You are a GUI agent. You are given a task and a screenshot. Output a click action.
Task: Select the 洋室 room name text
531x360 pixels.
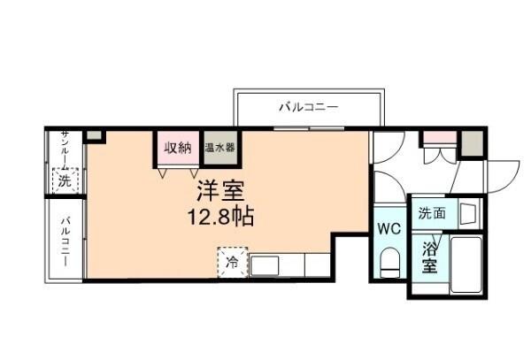(x=220, y=191)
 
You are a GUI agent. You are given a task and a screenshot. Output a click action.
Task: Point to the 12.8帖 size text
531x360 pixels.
(x=220, y=216)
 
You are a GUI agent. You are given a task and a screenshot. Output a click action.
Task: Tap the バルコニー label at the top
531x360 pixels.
(x=309, y=108)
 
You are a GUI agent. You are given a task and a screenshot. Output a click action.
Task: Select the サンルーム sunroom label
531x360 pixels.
(x=65, y=150)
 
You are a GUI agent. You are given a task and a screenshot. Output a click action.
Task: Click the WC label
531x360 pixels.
(x=389, y=229)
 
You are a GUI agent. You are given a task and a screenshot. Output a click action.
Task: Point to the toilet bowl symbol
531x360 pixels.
(x=389, y=261)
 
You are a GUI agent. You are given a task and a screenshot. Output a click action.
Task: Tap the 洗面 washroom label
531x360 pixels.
(x=432, y=213)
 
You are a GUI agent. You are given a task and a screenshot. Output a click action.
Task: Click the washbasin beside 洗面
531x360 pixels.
(x=468, y=213)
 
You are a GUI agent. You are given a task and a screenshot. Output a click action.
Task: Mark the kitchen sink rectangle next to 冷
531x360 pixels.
(x=264, y=264)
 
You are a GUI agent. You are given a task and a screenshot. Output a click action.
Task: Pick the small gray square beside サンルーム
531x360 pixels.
(x=95, y=137)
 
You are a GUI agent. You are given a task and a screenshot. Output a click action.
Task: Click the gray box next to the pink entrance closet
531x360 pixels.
(x=473, y=142)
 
